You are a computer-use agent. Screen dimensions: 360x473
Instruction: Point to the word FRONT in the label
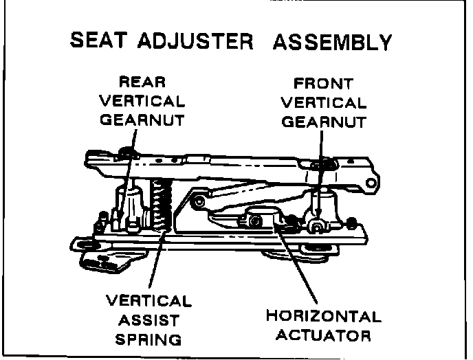pos(324,85)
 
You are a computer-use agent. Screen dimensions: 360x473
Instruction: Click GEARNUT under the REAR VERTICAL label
pos(142,120)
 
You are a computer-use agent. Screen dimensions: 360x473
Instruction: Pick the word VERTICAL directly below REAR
pos(142,101)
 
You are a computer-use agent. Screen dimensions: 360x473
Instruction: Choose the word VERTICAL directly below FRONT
pos(324,103)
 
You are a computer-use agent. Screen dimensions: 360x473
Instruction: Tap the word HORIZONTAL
pos(323,317)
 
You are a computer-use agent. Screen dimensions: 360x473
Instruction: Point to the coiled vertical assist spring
pos(160,203)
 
